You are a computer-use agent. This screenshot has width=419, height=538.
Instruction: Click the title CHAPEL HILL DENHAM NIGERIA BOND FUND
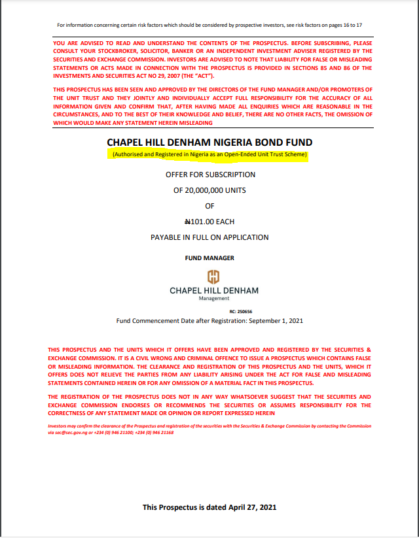pyautogui.click(x=209, y=143)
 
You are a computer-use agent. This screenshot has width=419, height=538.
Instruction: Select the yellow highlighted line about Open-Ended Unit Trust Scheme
pyautogui.click(x=209, y=155)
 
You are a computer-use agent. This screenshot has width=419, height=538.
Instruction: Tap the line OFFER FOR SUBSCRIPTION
pyautogui.click(x=209, y=175)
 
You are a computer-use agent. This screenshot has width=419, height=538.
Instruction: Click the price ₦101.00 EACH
pyautogui.click(x=209, y=222)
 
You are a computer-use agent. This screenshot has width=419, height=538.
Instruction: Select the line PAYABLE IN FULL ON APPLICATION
pyautogui.click(x=209, y=237)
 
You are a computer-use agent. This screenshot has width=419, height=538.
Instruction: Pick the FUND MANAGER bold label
pyautogui.click(x=209, y=258)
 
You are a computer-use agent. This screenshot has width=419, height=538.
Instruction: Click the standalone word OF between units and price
pyautogui.click(x=209, y=206)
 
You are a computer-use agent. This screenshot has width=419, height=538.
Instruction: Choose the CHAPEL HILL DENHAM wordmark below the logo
pyautogui.click(x=214, y=290)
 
